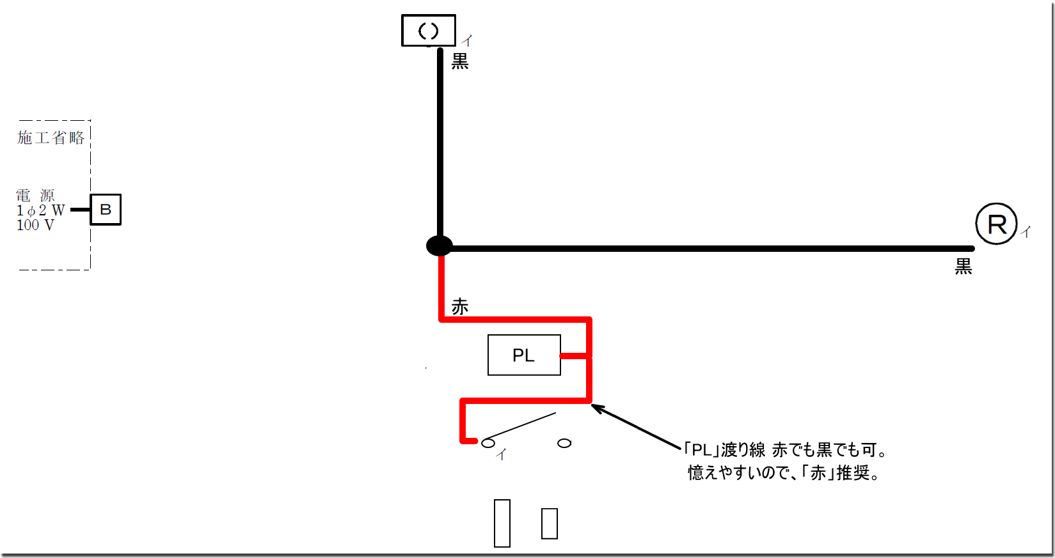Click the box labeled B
pos(106,210)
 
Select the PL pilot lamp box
pos(524,355)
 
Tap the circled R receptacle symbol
pos(996,224)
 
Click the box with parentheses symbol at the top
pos(428,31)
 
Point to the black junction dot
pos(440,246)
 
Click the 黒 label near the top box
pos(460,61)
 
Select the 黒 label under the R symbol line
pos(963,267)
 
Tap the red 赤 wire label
pos(460,307)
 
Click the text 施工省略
pos(51,137)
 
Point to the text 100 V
pos(35,225)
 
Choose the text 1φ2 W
pos(40,210)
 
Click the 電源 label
pos(35,195)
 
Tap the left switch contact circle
pos(488,443)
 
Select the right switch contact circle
pos(564,443)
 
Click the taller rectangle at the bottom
pos(502,523)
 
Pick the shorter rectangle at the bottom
pos(550,523)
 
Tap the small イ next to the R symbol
pos(1026,232)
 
